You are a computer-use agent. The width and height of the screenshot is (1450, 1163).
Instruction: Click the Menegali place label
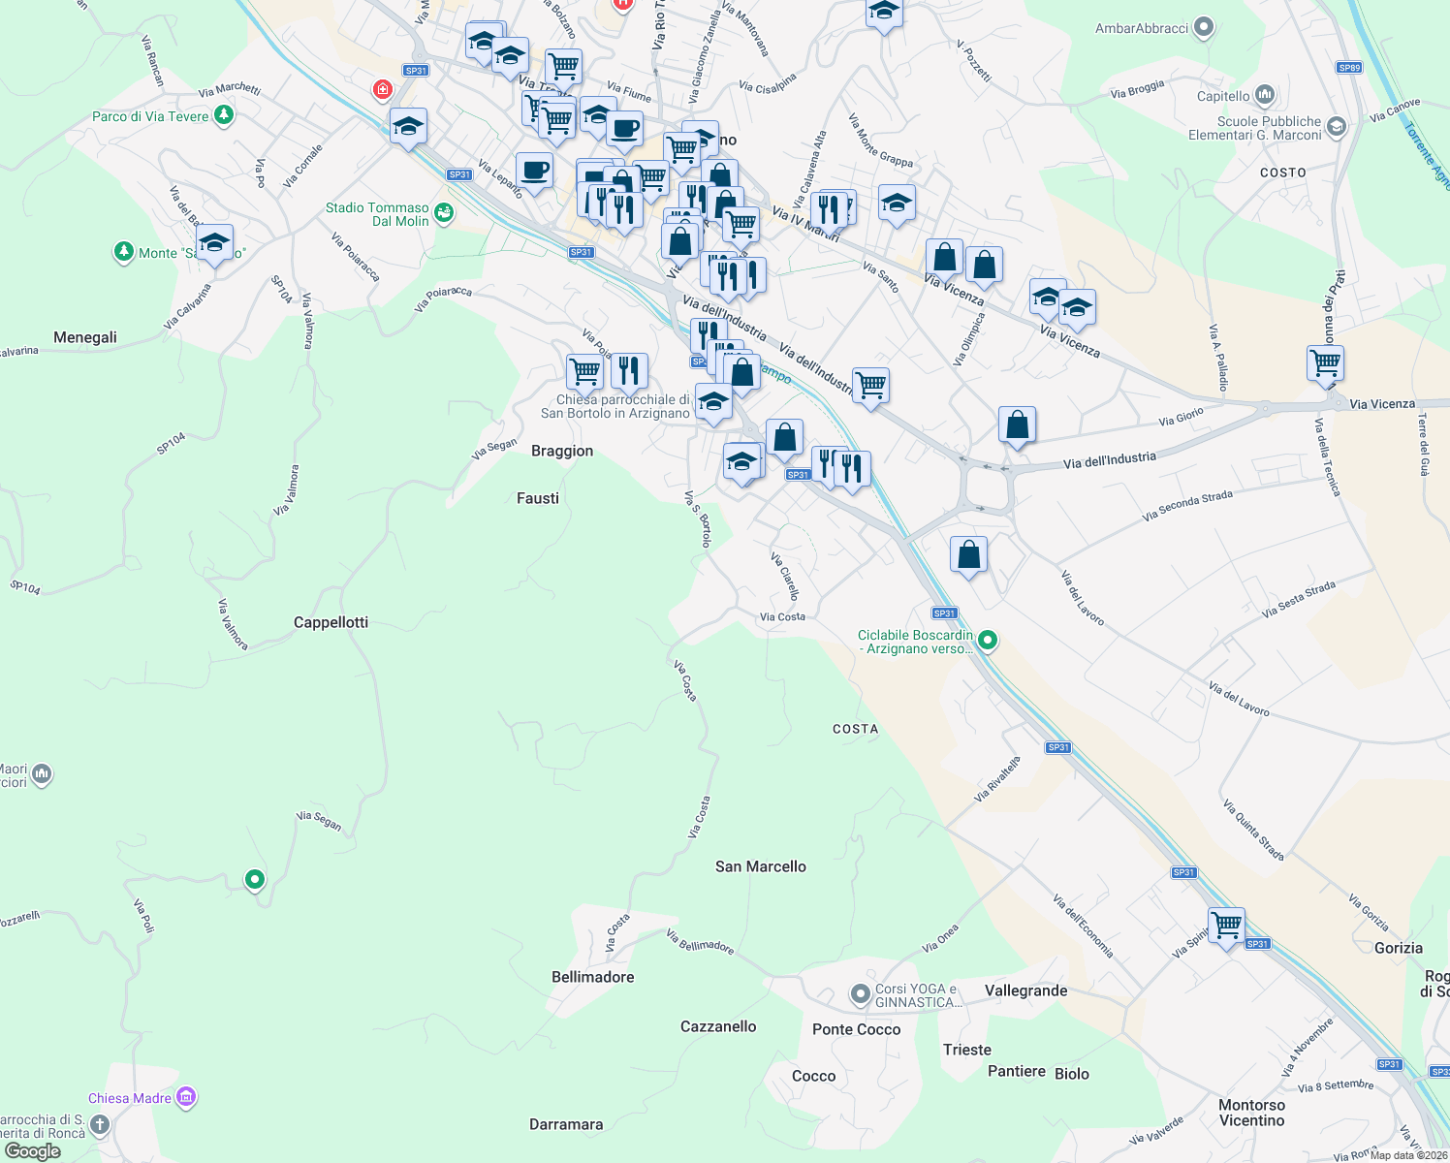point(85,337)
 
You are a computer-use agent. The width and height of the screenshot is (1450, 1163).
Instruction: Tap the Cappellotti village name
point(331,622)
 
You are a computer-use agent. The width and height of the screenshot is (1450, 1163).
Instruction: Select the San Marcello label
point(760,866)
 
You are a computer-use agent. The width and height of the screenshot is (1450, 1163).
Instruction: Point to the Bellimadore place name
point(592,977)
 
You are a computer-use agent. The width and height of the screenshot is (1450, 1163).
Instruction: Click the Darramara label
point(566,1124)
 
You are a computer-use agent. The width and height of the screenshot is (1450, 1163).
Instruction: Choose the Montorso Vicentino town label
point(1251,1113)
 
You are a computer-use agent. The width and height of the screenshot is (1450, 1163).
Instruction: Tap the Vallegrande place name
point(1025,990)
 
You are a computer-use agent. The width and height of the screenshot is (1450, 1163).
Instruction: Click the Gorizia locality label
point(1398,948)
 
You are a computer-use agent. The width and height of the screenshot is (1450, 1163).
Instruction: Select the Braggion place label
point(562,451)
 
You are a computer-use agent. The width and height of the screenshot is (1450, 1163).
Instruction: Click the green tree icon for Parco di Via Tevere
point(224,115)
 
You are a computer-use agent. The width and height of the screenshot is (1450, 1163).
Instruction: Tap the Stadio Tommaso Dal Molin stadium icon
point(444,213)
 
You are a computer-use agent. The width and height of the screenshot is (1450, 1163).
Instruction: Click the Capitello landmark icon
point(1264,95)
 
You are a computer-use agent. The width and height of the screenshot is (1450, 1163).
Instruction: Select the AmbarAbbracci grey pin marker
point(1204,27)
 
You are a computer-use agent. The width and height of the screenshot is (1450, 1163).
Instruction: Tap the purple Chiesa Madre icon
point(186,1097)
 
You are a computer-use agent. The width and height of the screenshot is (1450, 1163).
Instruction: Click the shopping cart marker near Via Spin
point(1226,926)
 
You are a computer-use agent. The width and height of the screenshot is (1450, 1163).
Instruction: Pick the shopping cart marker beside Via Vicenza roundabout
point(1325,363)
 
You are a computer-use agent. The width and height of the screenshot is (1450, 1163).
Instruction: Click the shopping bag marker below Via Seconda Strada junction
point(968,554)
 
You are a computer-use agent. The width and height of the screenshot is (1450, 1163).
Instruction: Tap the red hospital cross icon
point(383,90)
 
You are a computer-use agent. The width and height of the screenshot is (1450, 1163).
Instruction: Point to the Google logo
point(32,1151)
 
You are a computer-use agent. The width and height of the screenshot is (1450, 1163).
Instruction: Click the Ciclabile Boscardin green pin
point(988,640)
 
